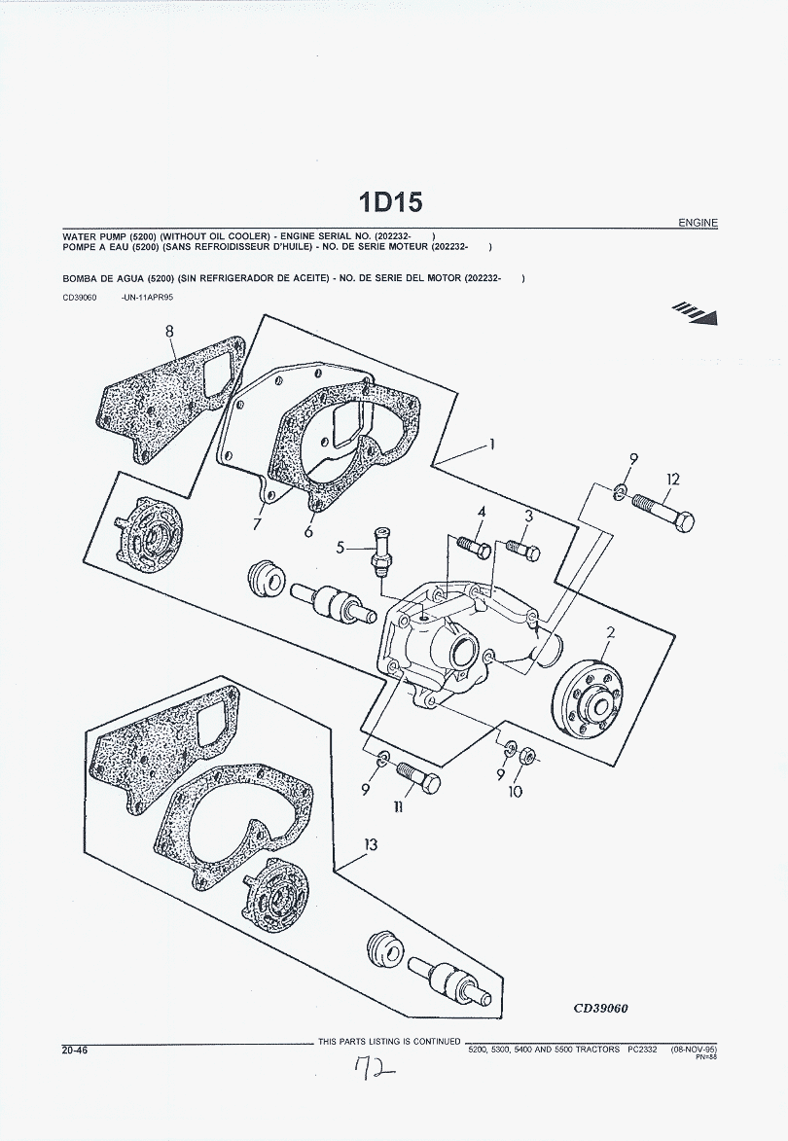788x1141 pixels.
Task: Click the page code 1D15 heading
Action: pyautogui.click(x=391, y=202)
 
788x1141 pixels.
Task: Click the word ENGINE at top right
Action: pyautogui.click(x=698, y=223)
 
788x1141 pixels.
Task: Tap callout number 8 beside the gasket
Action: pyautogui.click(x=169, y=332)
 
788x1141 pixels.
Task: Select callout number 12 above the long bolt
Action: pyautogui.click(x=673, y=480)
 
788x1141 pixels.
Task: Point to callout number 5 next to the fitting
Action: pyautogui.click(x=340, y=548)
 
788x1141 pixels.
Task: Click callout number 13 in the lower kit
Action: pyautogui.click(x=371, y=845)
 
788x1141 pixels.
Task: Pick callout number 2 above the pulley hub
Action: pyautogui.click(x=611, y=633)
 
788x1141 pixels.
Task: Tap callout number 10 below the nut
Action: pyautogui.click(x=516, y=792)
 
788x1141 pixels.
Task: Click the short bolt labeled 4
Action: pyautogui.click(x=473, y=547)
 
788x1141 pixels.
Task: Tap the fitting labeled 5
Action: pyautogui.click(x=380, y=551)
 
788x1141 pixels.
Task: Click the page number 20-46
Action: pyautogui.click(x=74, y=1050)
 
